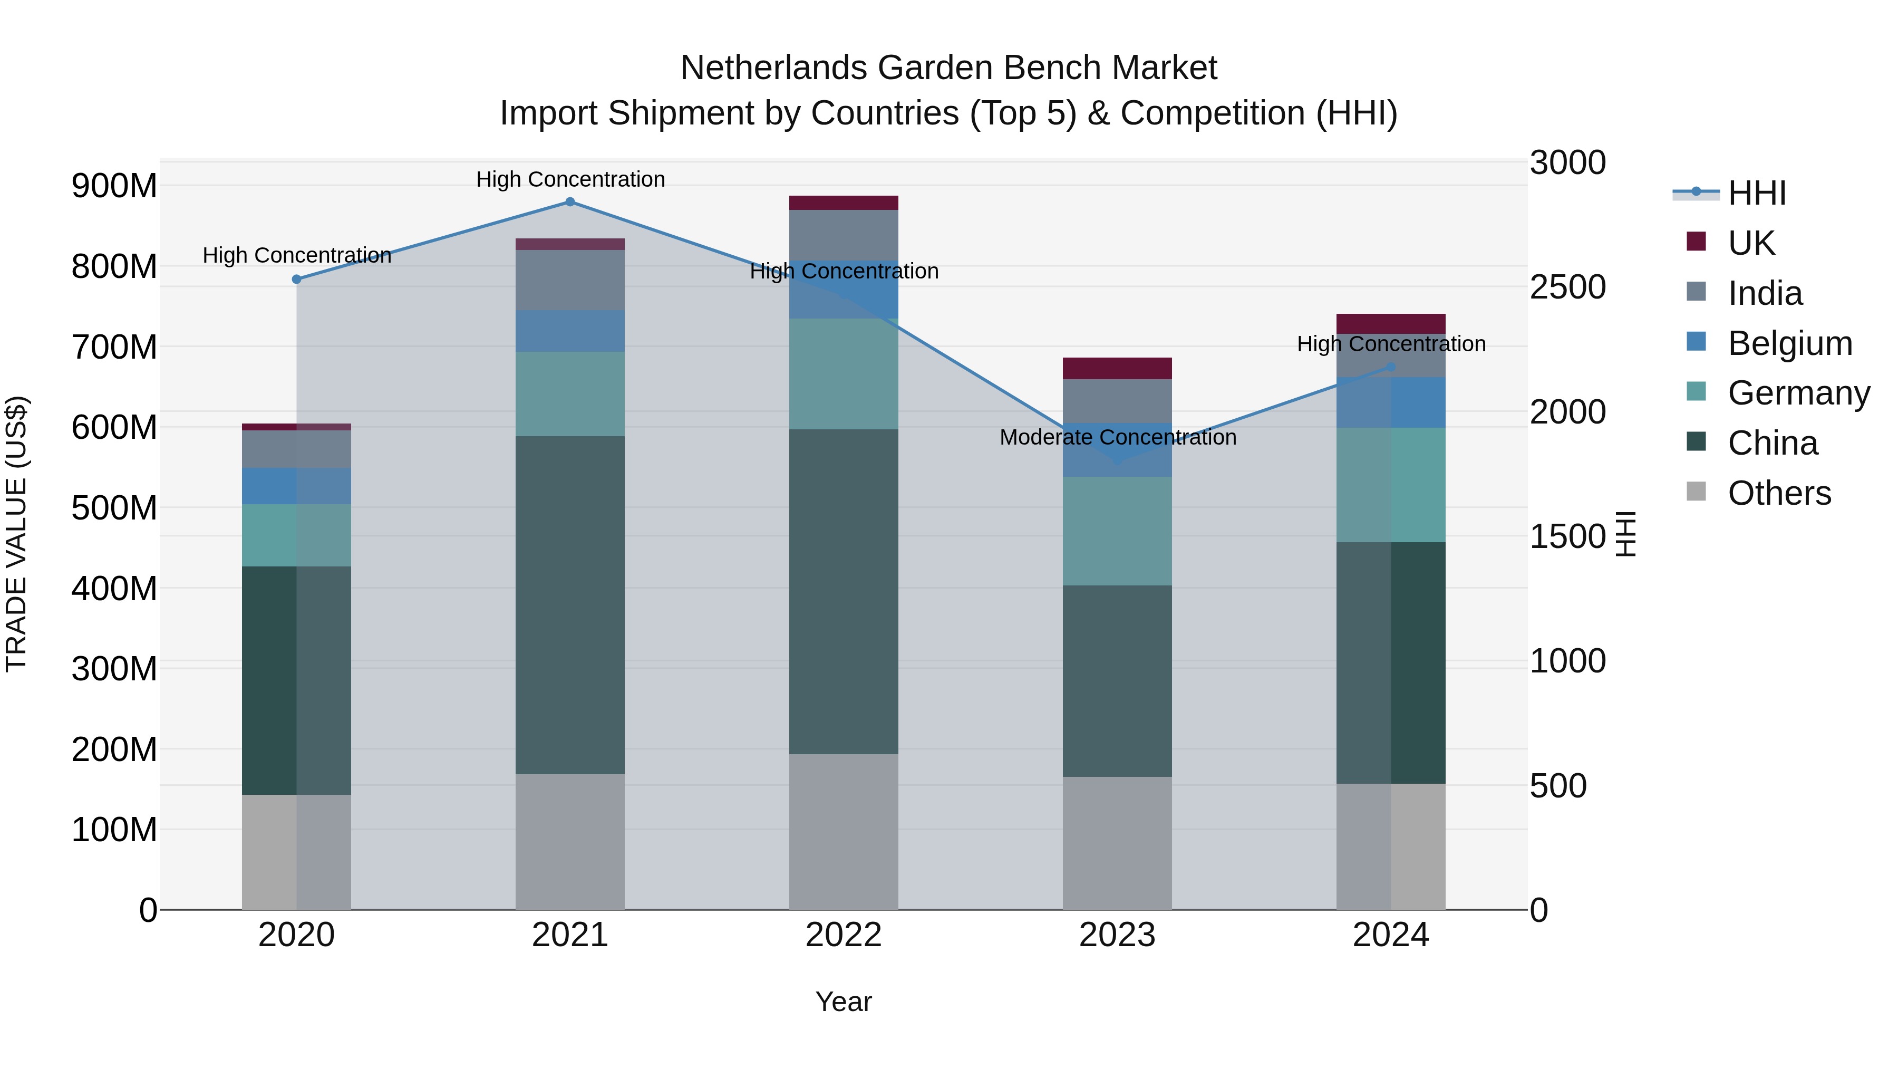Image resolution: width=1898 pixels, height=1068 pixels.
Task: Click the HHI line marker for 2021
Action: click(x=569, y=202)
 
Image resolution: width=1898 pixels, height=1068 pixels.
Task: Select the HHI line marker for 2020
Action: click(x=296, y=280)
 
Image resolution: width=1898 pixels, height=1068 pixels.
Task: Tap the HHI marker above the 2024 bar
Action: click(x=1390, y=367)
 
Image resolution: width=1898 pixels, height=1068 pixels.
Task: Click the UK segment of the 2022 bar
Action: click(x=844, y=203)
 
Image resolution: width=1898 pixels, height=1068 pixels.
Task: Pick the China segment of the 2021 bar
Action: click(x=569, y=604)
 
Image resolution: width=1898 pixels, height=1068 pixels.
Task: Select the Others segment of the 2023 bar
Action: click(x=1117, y=842)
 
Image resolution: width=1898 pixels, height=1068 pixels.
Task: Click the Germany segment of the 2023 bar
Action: click(x=1117, y=531)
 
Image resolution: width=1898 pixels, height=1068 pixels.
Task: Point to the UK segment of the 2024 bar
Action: click(x=1390, y=324)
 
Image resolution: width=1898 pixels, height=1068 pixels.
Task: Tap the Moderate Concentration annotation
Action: click(x=1117, y=437)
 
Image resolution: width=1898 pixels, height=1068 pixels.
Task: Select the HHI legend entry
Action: click(x=1757, y=193)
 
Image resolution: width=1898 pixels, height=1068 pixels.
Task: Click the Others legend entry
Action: click(x=1779, y=493)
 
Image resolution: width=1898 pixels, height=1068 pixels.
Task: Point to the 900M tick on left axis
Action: click(x=114, y=186)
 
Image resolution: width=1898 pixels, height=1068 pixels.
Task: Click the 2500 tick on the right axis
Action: click(x=1567, y=287)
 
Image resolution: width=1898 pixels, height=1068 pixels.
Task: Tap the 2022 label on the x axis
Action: click(x=844, y=935)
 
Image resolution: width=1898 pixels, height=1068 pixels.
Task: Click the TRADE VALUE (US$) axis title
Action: click(x=17, y=534)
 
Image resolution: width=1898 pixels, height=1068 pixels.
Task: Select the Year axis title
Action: click(x=844, y=1002)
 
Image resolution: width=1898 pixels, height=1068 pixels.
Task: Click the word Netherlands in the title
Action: click(x=773, y=68)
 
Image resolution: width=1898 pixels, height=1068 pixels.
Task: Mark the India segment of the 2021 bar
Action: click(x=569, y=280)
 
